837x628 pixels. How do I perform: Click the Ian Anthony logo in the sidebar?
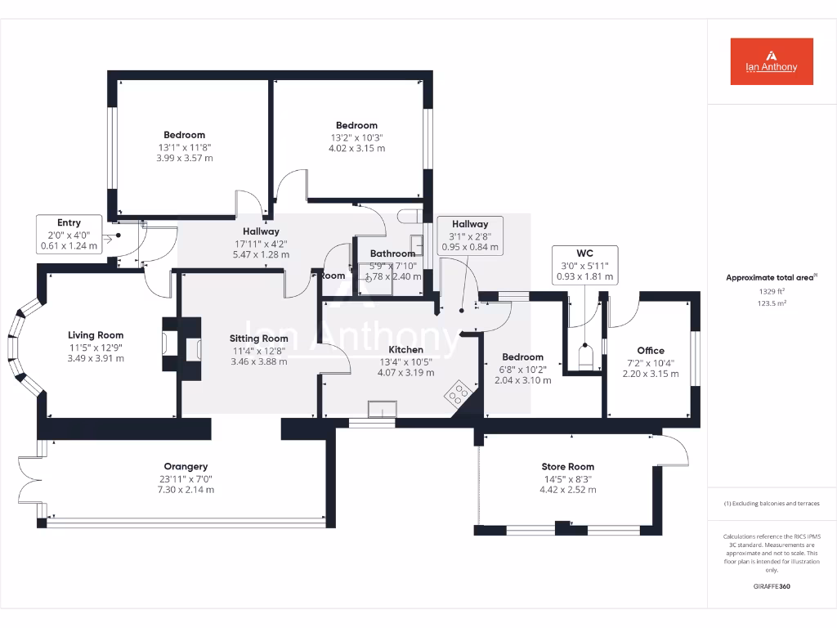pos(772,61)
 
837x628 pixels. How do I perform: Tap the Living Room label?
pos(96,335)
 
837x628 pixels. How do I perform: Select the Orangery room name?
pos(185,467)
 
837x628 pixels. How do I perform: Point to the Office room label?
pos(651,351)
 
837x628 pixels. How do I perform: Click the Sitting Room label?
pos(258,339)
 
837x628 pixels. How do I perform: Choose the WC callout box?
pos(584,265)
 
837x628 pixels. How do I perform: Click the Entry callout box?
pos(69,234)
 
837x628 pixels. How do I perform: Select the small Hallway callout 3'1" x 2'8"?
pos(470,235)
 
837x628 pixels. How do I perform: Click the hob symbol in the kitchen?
pos(458,395)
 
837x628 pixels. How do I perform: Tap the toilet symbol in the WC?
pos(585,357)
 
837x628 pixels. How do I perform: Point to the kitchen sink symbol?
pos(382,409)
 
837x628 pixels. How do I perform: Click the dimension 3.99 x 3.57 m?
pos(184,158)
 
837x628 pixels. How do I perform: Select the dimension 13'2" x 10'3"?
pos(356,137)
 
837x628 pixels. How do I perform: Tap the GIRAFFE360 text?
pos(772,586)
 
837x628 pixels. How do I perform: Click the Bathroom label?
pos(392,253)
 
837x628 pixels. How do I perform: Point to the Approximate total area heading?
pos(770,278)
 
